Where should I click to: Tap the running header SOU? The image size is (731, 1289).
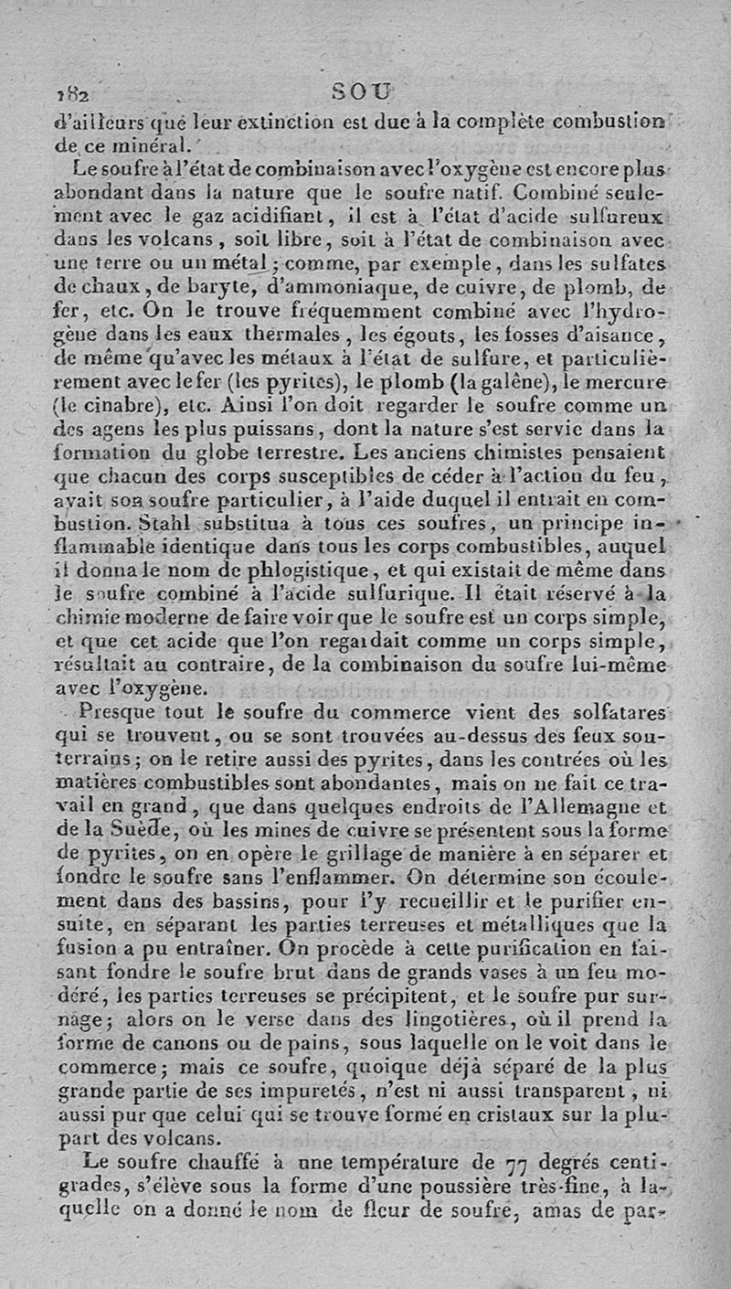click(x=361, y=92)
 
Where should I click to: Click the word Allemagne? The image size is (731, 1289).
click(x=595, y=806)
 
